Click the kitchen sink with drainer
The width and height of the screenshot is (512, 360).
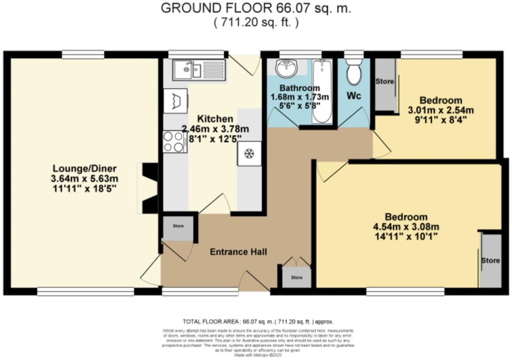(199, 71)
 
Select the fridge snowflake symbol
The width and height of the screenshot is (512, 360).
(249, 153)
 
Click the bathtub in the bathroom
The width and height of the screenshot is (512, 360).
(322, 92)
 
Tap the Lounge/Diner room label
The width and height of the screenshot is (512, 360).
(85, 169)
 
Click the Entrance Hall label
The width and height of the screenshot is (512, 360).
(238, 252)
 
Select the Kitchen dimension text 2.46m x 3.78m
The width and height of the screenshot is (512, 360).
(215, 128)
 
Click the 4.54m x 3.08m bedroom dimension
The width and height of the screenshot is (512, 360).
(406, 227)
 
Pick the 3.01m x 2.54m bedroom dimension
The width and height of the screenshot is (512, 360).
(441, 110)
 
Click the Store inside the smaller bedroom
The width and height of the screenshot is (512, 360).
(384, 82)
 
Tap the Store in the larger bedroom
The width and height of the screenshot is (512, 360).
(491, 260)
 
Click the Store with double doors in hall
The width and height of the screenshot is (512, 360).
(297, 278)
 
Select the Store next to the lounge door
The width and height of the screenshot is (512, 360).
(178, 226)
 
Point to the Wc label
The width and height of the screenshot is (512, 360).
(354, 96)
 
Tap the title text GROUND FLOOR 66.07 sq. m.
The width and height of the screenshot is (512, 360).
(256, 8)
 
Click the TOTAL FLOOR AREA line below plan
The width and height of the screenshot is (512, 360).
(258, 322)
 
